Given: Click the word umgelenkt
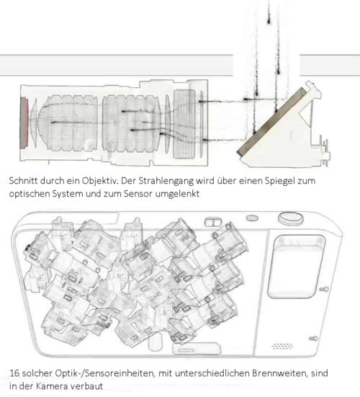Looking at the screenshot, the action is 177,195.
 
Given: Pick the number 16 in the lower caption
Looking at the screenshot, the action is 14,373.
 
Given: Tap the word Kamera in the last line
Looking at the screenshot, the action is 52,386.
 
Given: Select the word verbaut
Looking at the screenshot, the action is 87,386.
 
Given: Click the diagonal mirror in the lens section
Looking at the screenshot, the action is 271,122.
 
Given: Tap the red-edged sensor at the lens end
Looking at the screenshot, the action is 24,122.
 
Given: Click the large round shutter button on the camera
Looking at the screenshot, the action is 291,218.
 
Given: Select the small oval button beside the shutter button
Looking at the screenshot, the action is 252,218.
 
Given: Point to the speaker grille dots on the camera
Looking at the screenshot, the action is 282,346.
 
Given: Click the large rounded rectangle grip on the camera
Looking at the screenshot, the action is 296,267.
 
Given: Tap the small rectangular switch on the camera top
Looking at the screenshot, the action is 213,223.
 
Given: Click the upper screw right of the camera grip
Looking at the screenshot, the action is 324,289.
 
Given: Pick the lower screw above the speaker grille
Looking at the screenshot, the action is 313,338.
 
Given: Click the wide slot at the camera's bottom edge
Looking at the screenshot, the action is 197,349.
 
